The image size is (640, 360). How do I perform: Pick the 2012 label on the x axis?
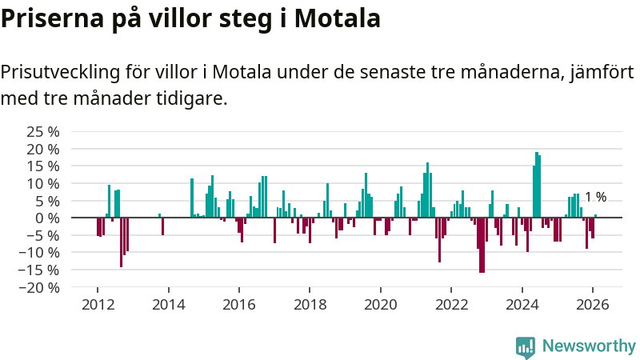pos(98,305)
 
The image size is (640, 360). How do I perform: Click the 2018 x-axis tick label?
pos(310,305)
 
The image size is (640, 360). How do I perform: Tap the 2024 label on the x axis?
pos(522,305)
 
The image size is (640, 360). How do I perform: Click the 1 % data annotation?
pos(595,197)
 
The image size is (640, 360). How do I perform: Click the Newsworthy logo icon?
pos(526,346)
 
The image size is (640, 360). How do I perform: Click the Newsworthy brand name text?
pos(589,346)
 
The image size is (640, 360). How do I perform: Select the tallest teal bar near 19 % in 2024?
pos(536,185)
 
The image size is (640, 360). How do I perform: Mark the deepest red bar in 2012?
pos(122,242)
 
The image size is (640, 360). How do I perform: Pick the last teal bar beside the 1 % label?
pos(595,216)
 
